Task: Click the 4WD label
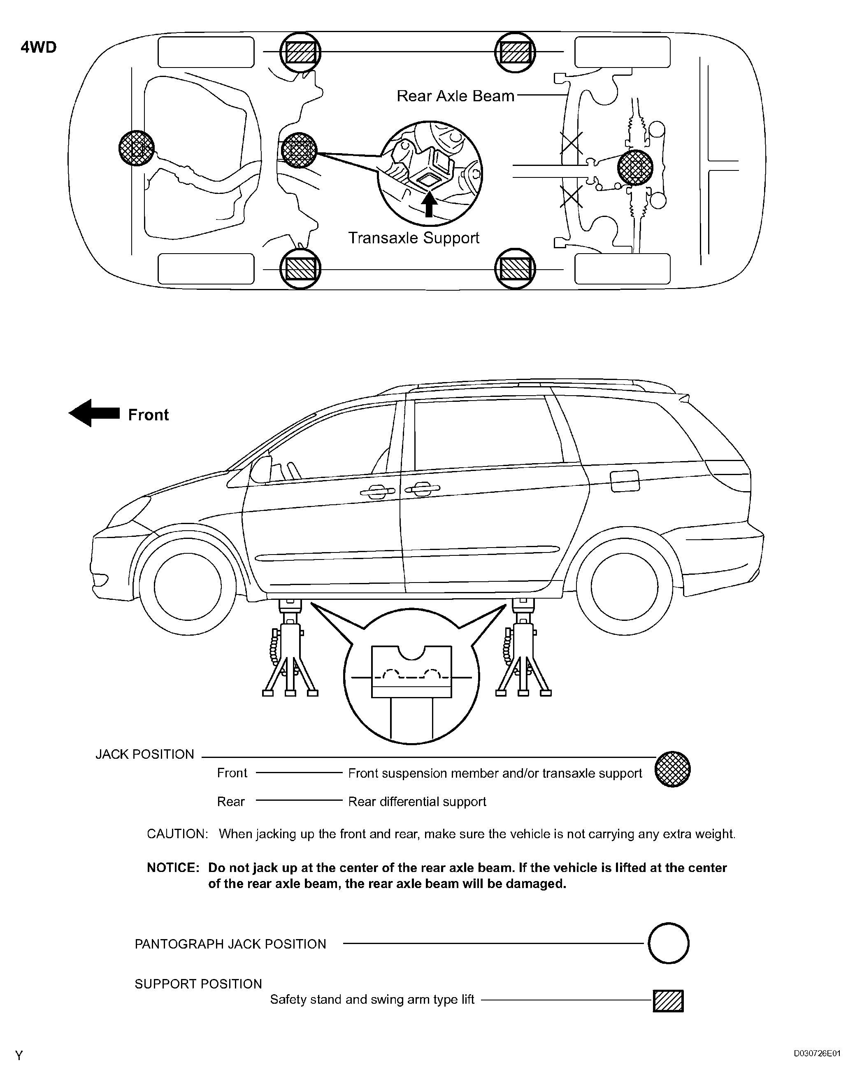click(39, 48)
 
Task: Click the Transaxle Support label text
click(414, 238)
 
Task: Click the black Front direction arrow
click(94, 413)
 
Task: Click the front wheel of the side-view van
click(188, 587)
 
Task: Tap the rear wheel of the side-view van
click(624, 587)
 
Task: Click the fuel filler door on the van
click(625, 481)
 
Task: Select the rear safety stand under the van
click(523, 649)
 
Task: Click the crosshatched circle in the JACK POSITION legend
click(672, 769)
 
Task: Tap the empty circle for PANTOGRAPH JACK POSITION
click(668, 943)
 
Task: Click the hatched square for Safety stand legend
click(668, 1001)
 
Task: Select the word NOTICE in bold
click(173, 868)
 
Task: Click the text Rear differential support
click(417, 802)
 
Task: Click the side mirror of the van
click(259, 471)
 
